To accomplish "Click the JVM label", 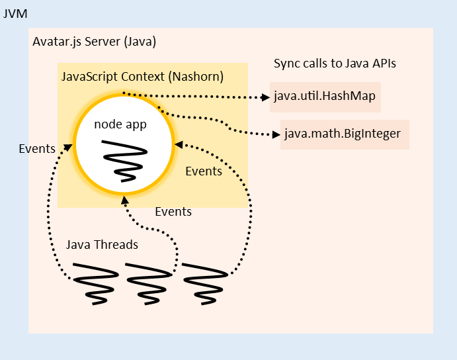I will click(15, 13).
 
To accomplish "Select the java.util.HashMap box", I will click(325, 96).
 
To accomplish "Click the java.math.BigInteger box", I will click(345, 134).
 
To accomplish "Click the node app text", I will click(120, 124).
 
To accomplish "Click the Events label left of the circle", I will click(37, 148).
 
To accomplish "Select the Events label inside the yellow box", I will click(204, 171).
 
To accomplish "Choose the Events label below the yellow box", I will click(173, 212).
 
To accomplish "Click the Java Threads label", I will click(102, 245).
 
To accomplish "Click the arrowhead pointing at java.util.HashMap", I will click(265, 97).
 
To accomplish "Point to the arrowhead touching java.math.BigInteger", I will click(276, 135).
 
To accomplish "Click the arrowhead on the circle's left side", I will click(68, 147).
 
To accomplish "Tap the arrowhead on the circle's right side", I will click(177, 144).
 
